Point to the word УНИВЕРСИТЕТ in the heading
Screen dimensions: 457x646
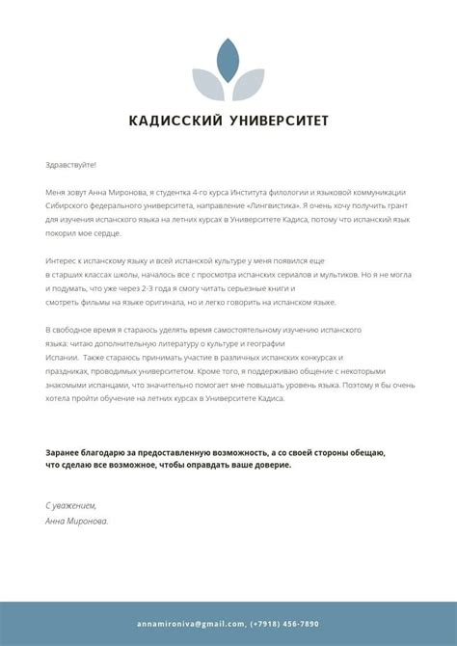point(279,121)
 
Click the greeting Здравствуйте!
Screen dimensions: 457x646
point(70,165)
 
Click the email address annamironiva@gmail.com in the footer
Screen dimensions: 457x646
point(190,624)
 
